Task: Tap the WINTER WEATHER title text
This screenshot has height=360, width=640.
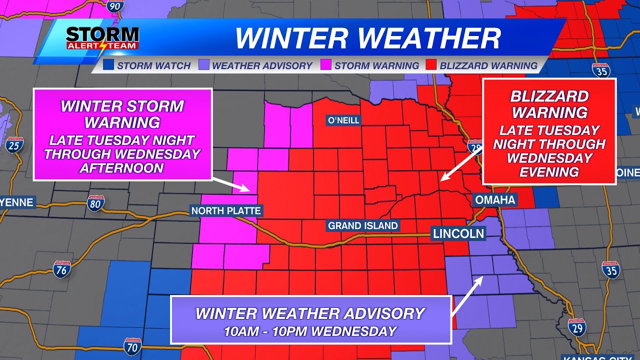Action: pos(367,38)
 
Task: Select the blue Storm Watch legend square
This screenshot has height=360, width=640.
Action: pos(108,65)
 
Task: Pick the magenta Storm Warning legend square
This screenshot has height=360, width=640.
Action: pos(326,65)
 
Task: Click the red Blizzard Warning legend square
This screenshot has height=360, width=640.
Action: pos(431,65)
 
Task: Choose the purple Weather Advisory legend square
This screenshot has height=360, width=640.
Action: pos(204,65)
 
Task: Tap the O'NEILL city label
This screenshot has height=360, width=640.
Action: pos(343,120)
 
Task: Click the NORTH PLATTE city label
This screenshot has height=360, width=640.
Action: pos(226,210)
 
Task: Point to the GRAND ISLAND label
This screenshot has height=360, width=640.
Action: pos(363,225)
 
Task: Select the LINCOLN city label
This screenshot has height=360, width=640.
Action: pos(458,233)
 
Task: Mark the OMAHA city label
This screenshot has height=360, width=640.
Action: pos(494,200)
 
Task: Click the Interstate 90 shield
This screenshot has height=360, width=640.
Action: pos(114,6)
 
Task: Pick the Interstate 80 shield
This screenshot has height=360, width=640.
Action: pos(95,203)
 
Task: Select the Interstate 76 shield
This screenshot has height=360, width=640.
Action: pos(62,269)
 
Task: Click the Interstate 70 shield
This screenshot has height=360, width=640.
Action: pos(132,346)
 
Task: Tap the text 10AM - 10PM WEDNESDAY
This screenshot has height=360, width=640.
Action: pos(310,331)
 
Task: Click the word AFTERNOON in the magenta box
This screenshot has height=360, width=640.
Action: pos(122,168)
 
